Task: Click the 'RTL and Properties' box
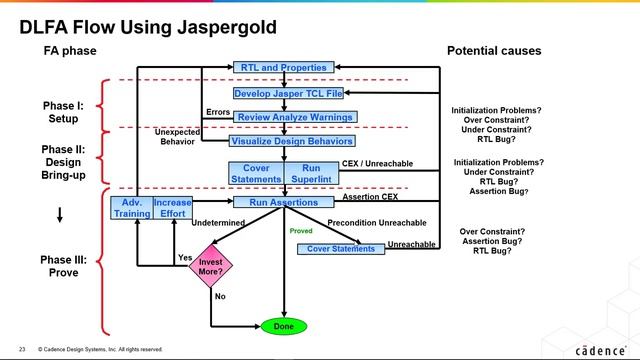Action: click(283, 67)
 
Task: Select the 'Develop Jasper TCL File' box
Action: click(287, 93)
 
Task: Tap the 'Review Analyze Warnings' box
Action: click(288, 117)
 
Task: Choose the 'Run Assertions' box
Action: click(284, 202)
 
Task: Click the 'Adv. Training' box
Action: click(130, 208)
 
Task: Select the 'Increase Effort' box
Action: click(172, 208)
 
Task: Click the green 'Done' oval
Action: click(283, 326)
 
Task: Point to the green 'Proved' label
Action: click(301, 230)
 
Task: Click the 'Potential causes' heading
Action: click(493, 50)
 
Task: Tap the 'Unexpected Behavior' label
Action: click(176, 137)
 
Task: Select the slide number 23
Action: click(22, 349)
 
